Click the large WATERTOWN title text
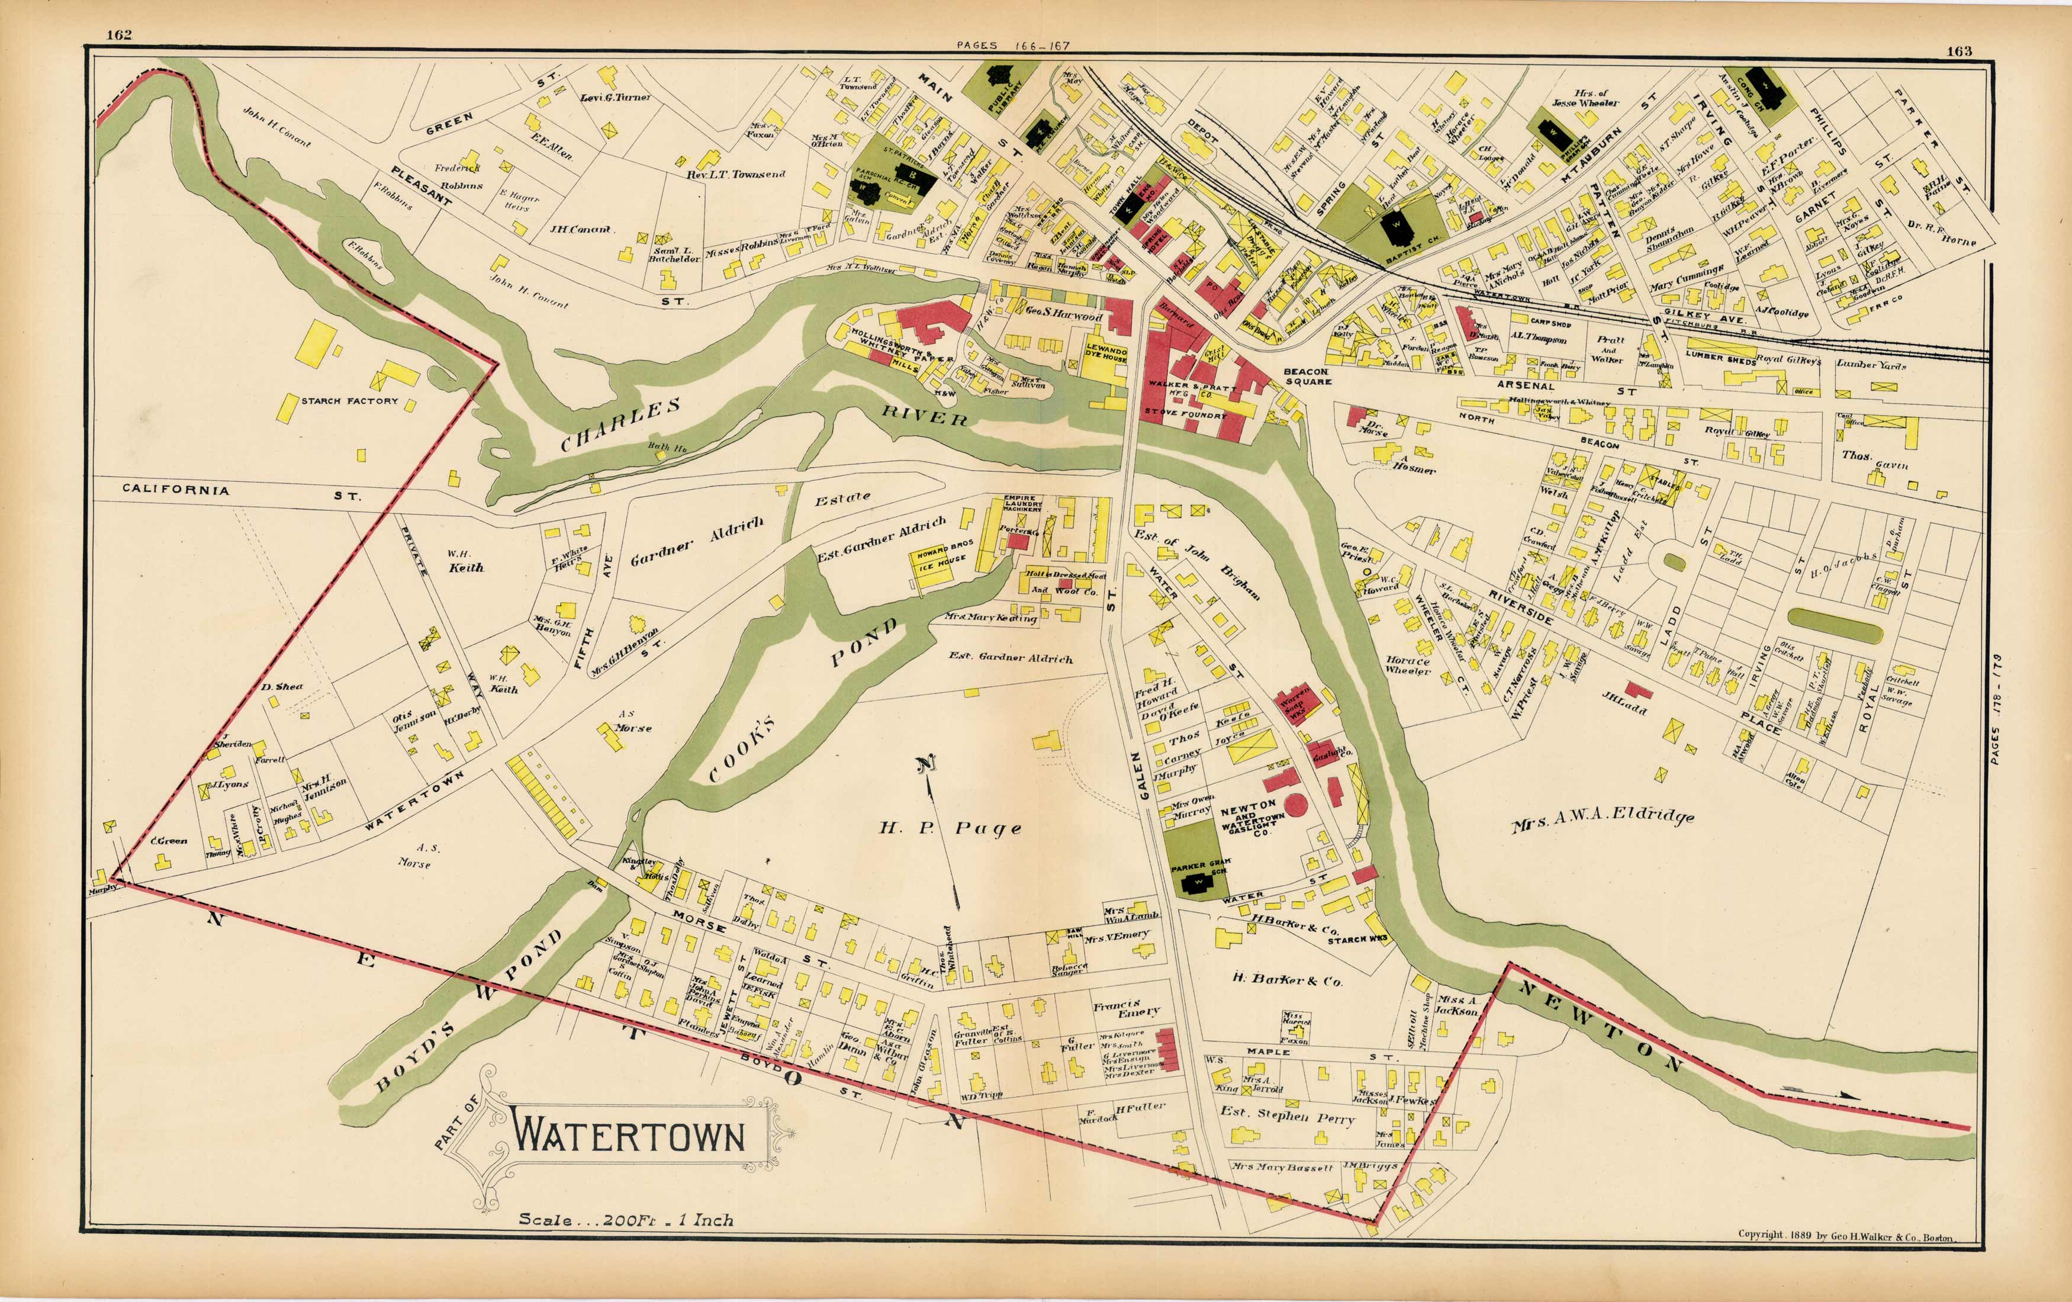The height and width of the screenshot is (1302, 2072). tap(628, 1136)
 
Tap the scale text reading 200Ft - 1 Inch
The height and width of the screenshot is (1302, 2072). tap(626, 1220)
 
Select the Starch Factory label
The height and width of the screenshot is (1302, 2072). tap(349, 401)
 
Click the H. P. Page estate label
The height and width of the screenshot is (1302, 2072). tap(950, 829)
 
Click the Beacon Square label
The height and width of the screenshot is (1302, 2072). tap(1307, 376)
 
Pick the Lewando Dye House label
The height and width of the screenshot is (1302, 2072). tap(1106, 355)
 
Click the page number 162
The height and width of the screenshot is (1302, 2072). tap(119, 34)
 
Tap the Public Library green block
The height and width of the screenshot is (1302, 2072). tap(1000, 86)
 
